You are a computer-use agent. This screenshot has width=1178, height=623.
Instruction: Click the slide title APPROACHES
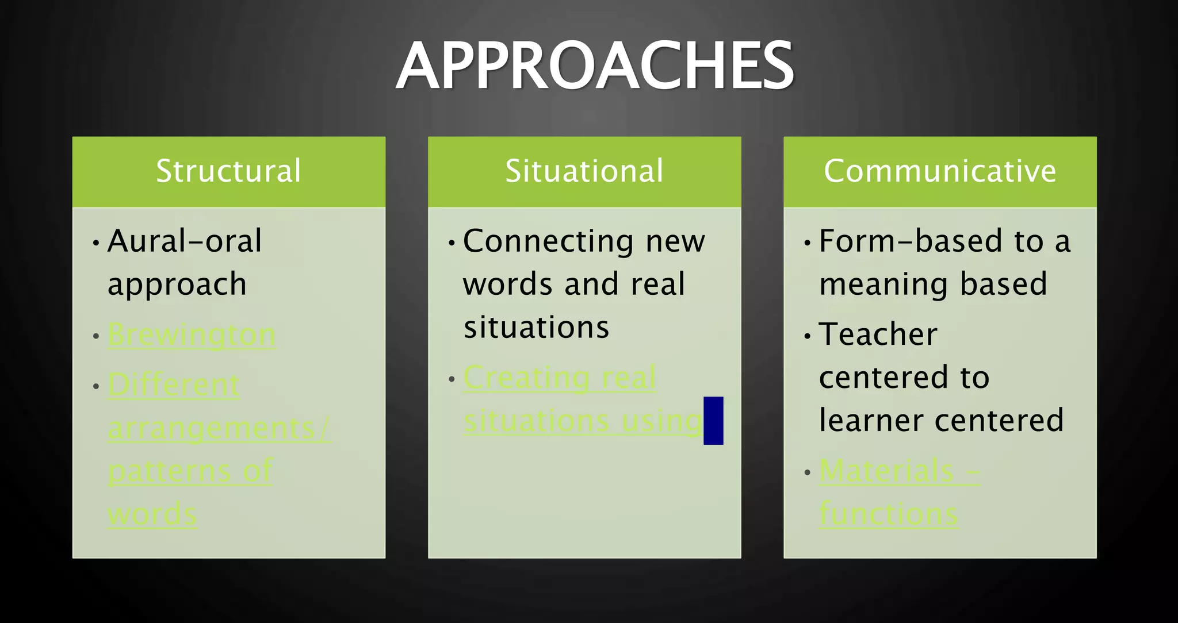(595, 66)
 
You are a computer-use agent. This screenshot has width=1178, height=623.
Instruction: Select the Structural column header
(228, 171)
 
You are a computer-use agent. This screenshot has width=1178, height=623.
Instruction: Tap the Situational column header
(584, 171)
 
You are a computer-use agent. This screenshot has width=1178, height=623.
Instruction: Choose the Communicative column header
(940, 171)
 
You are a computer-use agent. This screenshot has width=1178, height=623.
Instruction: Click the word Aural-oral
(184, 241)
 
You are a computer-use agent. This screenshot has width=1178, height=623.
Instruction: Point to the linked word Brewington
(192, 335)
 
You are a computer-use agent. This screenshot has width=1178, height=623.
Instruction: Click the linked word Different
(173, 384)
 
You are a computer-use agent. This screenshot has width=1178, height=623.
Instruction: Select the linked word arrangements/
(219, 428)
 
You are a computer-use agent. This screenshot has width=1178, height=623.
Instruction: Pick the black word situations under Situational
(536, 328)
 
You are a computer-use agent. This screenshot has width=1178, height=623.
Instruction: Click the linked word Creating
(526, 378)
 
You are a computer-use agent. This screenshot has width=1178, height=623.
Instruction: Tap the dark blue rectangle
(713, 420)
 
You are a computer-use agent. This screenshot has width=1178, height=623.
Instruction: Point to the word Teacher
(878, 334)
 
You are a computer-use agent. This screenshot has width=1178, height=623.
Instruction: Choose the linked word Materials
(886, 471)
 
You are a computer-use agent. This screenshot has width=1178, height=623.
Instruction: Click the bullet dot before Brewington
(96, 336)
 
